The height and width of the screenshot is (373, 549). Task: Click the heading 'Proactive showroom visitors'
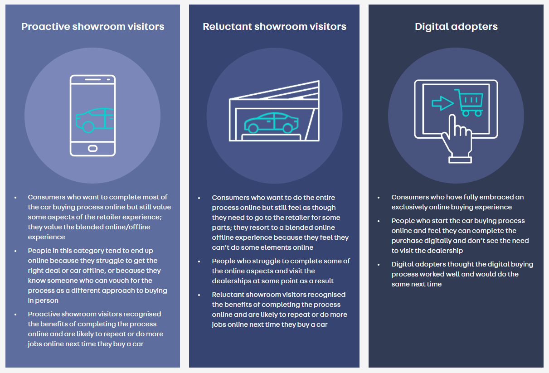click(92, 26)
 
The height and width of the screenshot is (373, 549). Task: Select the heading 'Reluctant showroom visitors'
click(274, 26)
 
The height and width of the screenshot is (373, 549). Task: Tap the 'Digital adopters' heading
click(456, 26)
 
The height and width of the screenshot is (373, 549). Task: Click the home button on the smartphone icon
click(92, 148)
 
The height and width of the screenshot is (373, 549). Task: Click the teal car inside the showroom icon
click(271, 122)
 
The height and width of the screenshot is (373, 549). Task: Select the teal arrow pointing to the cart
click(442, 103)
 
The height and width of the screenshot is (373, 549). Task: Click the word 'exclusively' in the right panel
click(410, 207)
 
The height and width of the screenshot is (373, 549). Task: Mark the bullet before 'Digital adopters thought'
click(379, 265)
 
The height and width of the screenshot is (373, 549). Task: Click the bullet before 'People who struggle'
click(199, 262)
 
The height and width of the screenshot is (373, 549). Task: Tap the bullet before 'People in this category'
click(15, 251)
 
